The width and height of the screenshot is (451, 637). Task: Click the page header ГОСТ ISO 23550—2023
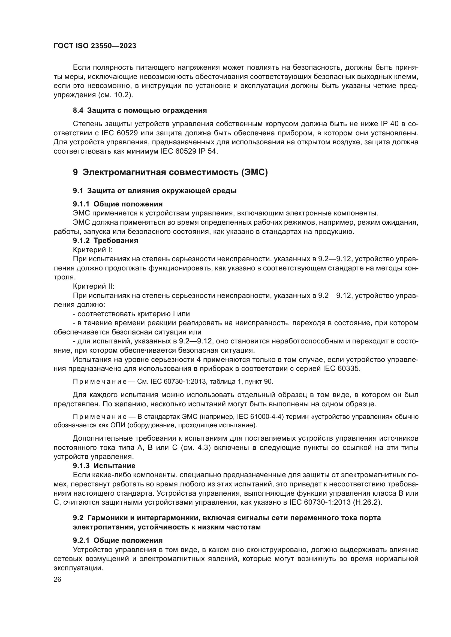(x=95, y=46)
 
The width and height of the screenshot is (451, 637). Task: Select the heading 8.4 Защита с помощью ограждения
(x=140, y=110)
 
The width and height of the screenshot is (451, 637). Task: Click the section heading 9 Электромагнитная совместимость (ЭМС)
(x=170, y=172)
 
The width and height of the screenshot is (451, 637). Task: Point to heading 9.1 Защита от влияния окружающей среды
(x=154, y=191)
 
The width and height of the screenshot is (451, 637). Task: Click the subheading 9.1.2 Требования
(x=105, y=240)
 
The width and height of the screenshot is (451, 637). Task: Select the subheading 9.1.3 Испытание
(x=104, y=466)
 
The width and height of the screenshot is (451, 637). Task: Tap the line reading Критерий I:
(x=92, y=250)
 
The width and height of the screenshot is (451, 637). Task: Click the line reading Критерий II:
(x=94, y=286)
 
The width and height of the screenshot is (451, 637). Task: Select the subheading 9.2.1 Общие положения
(x=118, y=540)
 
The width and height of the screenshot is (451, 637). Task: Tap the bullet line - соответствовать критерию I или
(x=131, y=314)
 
